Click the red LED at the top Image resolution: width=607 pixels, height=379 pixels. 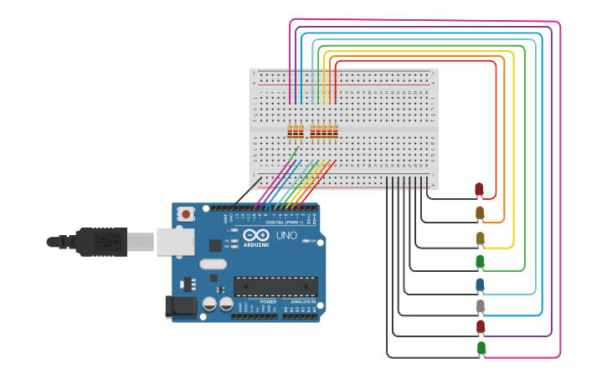pos(479,189)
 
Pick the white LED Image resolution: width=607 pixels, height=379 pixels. pos(481,307)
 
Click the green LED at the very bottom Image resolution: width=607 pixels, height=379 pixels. pos(481,347)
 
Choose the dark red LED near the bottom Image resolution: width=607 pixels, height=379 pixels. pos(481,326)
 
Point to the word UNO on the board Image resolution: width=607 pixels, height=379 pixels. pos(286,236)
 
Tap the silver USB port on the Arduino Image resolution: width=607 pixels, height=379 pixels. pos(175,241)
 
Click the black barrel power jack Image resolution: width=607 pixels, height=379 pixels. pos(181,307)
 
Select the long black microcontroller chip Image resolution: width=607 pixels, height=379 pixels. pos(275,286)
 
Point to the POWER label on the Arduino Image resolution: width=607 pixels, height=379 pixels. pos(268,302)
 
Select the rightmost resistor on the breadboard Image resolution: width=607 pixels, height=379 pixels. pos(335,131)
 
